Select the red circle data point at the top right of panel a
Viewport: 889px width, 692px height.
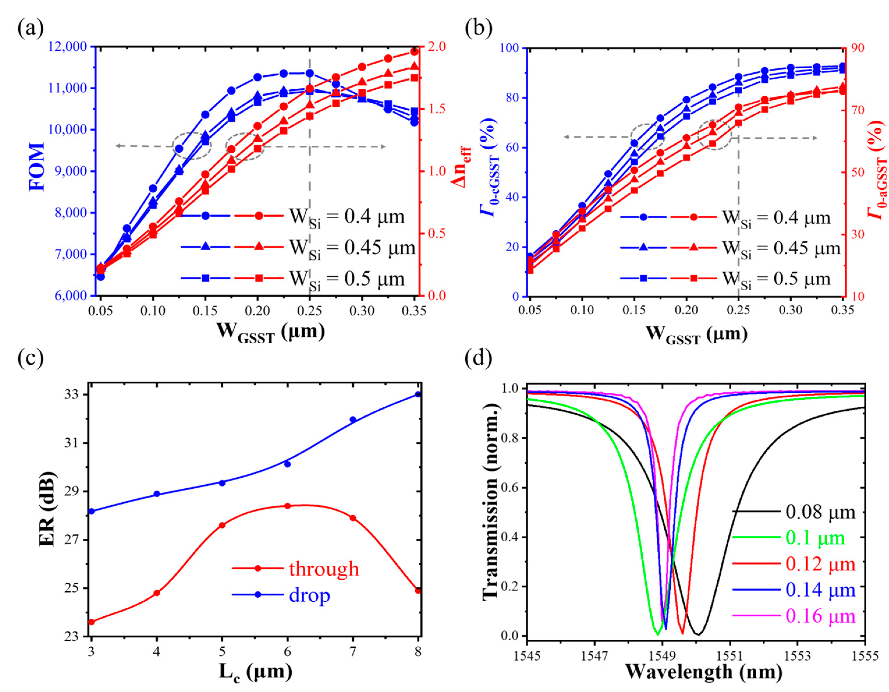(414, 52)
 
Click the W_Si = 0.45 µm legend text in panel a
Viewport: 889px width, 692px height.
(352, 248)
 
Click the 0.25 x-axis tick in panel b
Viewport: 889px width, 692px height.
(738, 310)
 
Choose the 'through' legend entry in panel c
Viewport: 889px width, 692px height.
(324, 569)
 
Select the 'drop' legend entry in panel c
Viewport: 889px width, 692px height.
(309, 595)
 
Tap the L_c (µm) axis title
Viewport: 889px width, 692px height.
(255, 672)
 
